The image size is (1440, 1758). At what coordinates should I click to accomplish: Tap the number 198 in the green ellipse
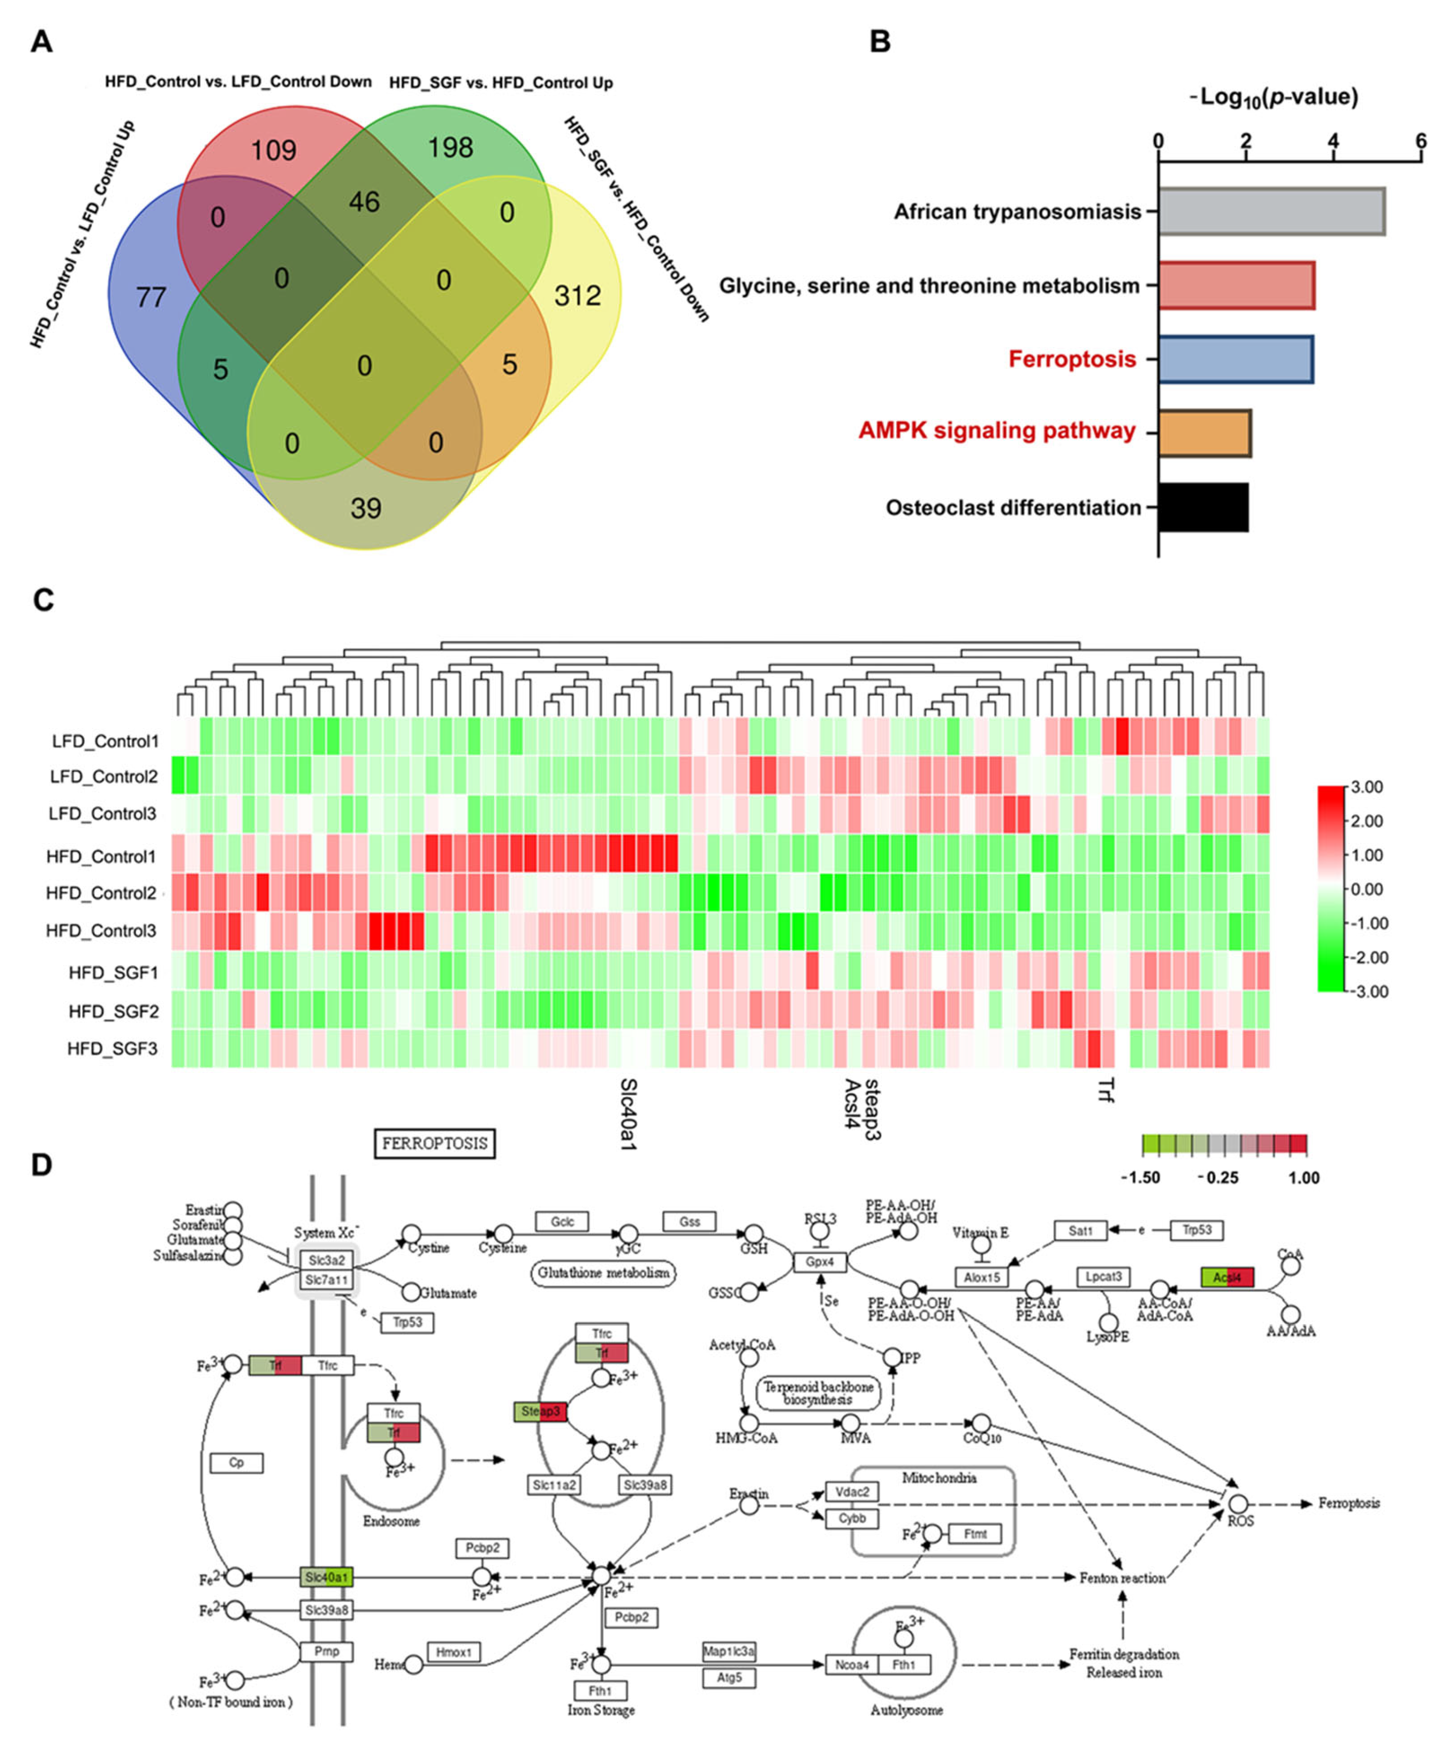pyautogui.click(x=450, y=148)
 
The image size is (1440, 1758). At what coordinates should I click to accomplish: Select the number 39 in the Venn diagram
pyautogui.click(x=366, y=508)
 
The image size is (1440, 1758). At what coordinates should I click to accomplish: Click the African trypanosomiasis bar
pyautogui.click(x=1271, y=211)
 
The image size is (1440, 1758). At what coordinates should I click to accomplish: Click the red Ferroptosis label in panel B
pyautogui.click(x=1072, y=359)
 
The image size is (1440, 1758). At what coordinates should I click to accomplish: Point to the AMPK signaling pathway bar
pyautogui.click(x=1203, y=432)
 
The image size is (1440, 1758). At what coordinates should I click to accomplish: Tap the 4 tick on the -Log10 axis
pyautogui.click(x=1333, y=141)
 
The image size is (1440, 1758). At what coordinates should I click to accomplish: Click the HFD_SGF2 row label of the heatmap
pyautogui.click(x=113, y=1011)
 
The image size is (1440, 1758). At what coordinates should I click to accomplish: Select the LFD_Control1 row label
pyautogui.click(x=104, y=741)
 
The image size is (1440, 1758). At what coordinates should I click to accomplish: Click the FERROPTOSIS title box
pyautogui.click(x=435, y=1143)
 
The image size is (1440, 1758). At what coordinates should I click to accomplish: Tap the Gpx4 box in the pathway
pyautogui.click(x=819, y=1262)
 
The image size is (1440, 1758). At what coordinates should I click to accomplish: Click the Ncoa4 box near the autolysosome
pyautogui.click(x=852, y=1664)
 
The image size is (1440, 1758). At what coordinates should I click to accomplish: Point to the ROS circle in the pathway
pyautogui.click(x=1238, y=1503)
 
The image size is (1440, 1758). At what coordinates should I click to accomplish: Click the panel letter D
pyautogui.click(x=41, y=1165)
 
